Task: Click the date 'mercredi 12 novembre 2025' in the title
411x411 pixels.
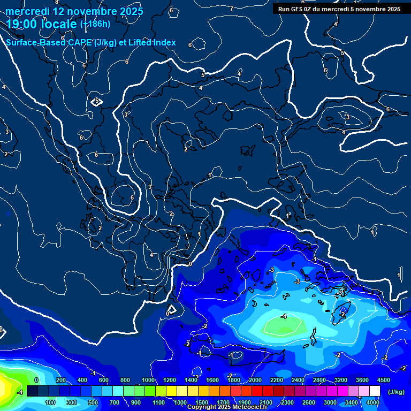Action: (74, 11)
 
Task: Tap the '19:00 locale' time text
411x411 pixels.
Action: (42, 24)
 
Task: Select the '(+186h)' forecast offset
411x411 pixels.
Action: (95, 24)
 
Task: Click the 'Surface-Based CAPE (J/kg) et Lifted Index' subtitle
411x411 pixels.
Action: (91, 43)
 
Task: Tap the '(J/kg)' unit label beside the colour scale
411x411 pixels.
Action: (395, 392)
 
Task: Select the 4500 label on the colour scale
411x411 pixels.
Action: (383, 380)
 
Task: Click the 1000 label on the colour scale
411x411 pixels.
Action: (148, 380)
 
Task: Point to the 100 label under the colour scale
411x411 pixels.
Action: (50, 402)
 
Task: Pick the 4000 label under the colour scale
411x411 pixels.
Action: (373, 402)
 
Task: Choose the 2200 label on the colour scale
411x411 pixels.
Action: (276, 380)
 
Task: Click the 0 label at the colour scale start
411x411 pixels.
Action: (36, 380)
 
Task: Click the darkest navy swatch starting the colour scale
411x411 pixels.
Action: (32, 391)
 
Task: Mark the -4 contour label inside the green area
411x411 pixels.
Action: (284, 317)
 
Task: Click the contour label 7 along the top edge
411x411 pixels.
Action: (231, 9)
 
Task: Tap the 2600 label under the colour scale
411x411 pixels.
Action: (309, 402)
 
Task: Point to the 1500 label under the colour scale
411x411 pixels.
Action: (201, 402)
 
